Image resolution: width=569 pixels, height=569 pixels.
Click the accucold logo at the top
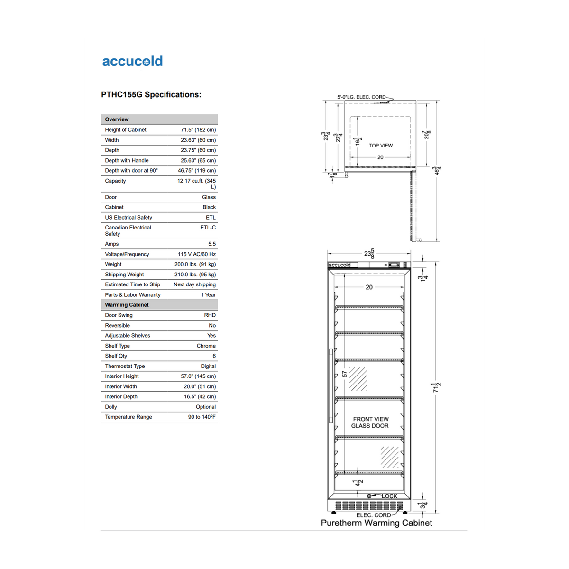pyautogui.click(x=132, y=61)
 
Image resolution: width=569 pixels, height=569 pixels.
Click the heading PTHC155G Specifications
pyautogui.click(x=151, y=94)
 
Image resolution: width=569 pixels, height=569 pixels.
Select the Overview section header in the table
pyautogui.click(x=117, y=119)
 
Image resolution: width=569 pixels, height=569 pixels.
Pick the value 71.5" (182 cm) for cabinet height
pyautogui.click(x=198, y=130)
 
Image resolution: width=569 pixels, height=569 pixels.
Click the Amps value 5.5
pyautogui.click(x=211, y=244)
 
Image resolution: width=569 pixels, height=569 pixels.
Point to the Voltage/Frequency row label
pyautogui.click(x=127, y=254)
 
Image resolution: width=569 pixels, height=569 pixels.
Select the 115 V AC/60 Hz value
pyautogui.click(x=196, y=254)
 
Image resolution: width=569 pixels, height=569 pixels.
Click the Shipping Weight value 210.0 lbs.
pyautogui.click(x=195, y=275)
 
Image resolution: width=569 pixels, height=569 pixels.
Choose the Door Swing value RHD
pyautogui.click(x=210, y=315)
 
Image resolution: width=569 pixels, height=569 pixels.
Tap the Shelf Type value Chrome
pyautogui.click(x=206, y=346)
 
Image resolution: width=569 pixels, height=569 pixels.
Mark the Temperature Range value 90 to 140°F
pyautogui.click(x=202, y=417)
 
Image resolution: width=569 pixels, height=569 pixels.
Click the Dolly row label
pyautogui.click(x=111, y=407)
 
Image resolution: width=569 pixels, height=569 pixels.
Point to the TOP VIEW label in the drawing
pyautogui.click(x=381, y=146)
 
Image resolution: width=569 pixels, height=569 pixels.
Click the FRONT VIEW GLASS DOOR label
pyautogui.click(x=370, y=422)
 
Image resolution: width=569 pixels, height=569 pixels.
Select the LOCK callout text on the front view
pyautogui.click(x=389, y=496)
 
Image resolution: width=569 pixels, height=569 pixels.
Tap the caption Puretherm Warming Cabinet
pyautogui.click(x=376, y=523)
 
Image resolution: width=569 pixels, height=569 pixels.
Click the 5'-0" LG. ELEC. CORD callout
pyautogui.click(x=361, y=97)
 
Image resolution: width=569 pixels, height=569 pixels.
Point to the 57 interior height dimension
pyautogui.click(x=345, y=374)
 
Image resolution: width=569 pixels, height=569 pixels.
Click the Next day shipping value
pyautogui.click(x=194, y=284)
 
